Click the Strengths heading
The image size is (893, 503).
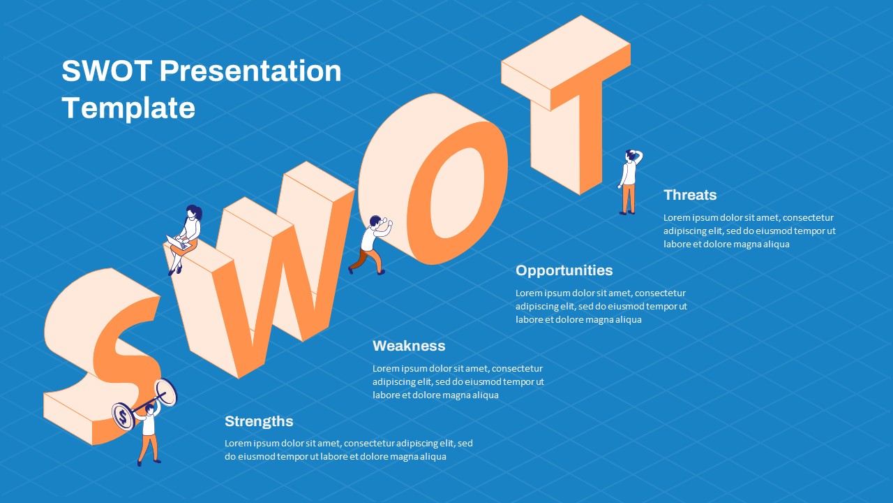[259, 421]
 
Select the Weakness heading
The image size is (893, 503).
[409, 346]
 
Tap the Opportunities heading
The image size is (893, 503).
[564, 270]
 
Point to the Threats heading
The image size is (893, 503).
[690, 195]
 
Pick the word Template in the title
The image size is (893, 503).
[128, 108]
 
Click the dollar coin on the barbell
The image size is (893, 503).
[123, 417]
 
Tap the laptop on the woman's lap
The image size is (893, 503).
[178, 243]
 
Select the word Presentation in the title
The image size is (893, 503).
[250, 71]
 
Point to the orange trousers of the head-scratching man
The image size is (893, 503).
[629, 197]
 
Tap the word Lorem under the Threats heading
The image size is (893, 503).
[677, 217]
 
